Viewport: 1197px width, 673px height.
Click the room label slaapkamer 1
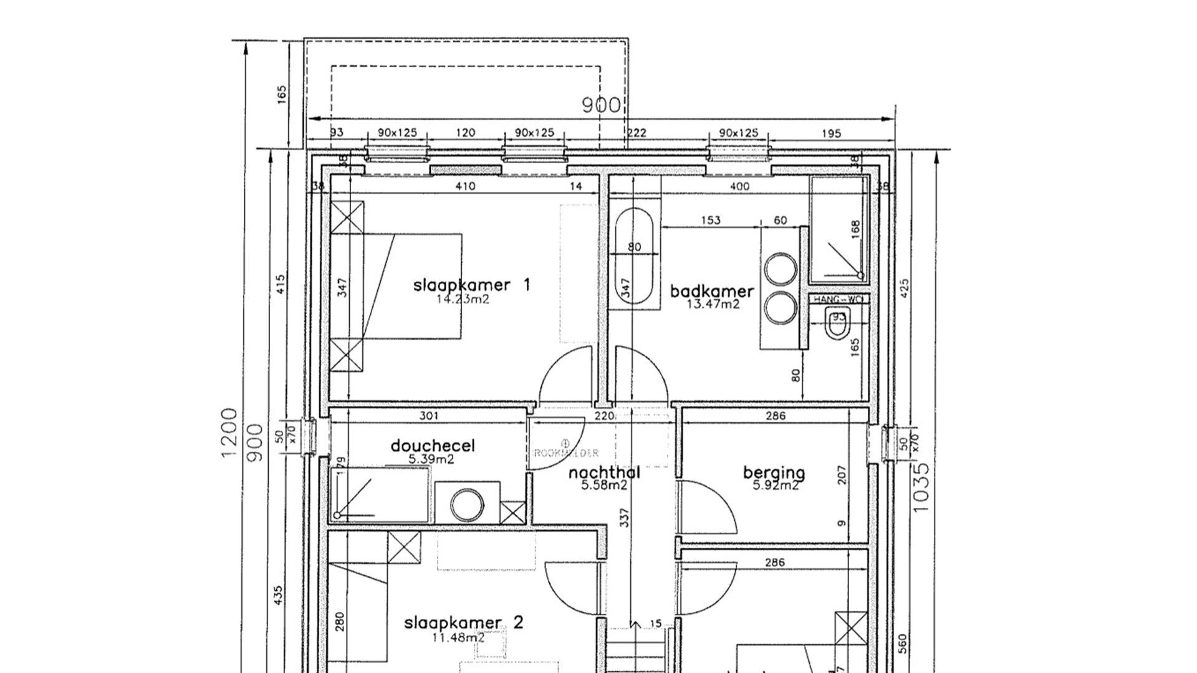tap(471, 285)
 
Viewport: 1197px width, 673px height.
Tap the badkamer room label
tap(712, 291)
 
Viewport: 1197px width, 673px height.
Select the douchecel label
tap(433, 446)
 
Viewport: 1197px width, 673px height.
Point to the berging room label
tap(774, 473)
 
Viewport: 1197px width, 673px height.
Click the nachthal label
tap(604, 474)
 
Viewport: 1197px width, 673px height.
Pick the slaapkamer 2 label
tap(463, 623)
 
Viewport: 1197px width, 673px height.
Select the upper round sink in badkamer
tap(781, 269)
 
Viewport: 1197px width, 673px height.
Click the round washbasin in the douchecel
tap(467, 505)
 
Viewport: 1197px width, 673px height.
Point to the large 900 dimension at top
tap(601, 105)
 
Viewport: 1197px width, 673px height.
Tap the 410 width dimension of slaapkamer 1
tap(465, 186)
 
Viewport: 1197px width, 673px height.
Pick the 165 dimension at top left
tap(281, 95)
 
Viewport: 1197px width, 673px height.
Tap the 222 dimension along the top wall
tap(637, 133)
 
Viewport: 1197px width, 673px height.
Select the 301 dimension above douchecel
tap(429, 416)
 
